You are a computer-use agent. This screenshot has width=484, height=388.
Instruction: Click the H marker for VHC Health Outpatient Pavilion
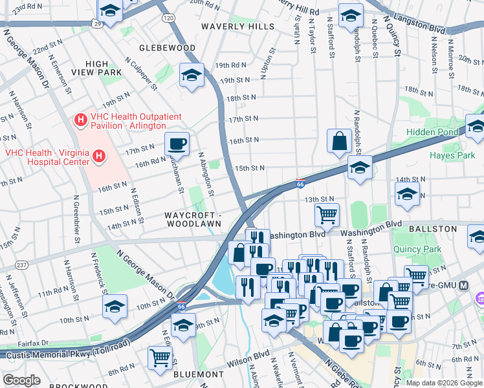click(81, 120)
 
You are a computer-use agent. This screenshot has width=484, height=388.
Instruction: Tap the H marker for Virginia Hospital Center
click(99, 156)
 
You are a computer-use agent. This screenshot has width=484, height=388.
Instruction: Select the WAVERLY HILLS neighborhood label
click(233, 27)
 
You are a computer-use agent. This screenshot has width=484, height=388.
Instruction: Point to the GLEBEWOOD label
click(168, 48)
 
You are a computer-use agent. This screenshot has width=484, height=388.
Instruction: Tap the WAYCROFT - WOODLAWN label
click(193, 219)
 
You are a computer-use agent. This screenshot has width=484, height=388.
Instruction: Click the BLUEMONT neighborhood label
click(199, 374)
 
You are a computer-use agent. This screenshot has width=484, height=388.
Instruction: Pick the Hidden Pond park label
click(432, 132)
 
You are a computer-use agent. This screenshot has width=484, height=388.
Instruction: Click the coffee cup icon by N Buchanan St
click(177, 143)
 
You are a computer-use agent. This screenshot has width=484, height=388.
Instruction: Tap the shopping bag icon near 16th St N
click(339, 140)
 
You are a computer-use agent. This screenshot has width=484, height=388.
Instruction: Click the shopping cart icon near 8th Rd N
click(160, 357)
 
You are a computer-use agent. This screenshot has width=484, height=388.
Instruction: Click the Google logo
click(22, 380)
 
